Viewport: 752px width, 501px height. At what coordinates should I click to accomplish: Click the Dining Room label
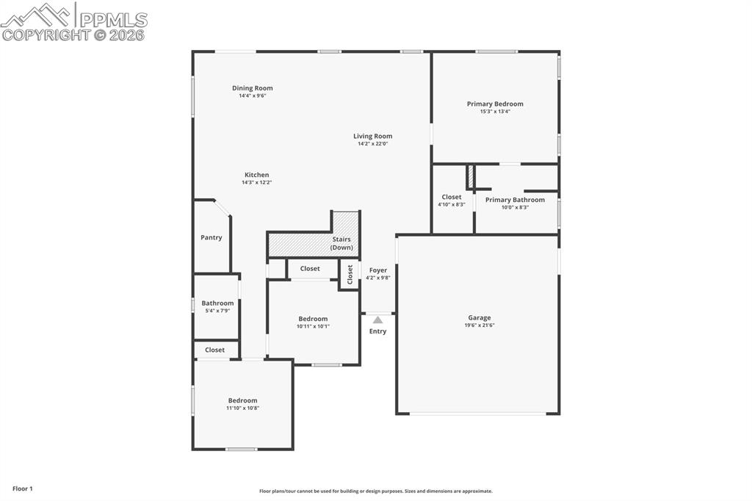(x=252, y=88)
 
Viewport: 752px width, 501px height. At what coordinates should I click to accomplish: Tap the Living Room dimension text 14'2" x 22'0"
(x=372, y=144)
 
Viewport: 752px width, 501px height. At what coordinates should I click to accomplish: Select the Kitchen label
(x=256, y=175)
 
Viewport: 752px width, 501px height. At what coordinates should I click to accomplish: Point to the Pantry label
(x=211, y=237)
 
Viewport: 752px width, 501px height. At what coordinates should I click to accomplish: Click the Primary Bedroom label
(x=495, y=104)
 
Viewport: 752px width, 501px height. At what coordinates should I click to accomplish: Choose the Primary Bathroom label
(x=515, y=200)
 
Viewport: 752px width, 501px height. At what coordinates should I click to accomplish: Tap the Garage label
(x=480, y=317)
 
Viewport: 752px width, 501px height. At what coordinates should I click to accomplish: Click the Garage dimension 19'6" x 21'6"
(x=480, y=325)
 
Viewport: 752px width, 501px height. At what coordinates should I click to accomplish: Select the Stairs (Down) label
(x=341, y=243)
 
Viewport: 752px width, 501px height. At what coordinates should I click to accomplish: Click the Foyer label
(x=377, y=270)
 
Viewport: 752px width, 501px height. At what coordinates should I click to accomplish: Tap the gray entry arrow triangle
(x=377, y=320)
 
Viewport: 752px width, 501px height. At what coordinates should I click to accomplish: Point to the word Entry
(x=377, y=331)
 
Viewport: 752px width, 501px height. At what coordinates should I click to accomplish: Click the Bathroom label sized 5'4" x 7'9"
(x=217, y=303)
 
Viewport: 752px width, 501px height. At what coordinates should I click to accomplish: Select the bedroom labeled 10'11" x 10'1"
(x=313, y=319)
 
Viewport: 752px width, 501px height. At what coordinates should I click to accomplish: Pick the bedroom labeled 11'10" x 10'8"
(x=242, y=400)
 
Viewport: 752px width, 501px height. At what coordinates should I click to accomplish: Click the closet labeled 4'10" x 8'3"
(x=452, y=197)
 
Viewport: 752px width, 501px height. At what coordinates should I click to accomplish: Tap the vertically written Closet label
(x=350, y=274)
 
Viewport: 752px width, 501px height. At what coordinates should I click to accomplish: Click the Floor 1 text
(x=22, y=489)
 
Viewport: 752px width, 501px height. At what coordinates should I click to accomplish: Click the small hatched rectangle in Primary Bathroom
(x=470, y=177)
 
